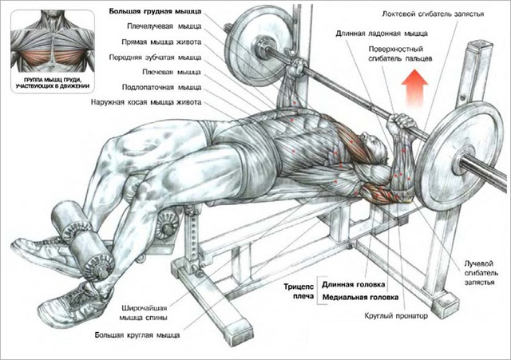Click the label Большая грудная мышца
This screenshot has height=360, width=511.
pyautogui.click(x=155, y=11)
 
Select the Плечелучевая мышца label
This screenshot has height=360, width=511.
pyautogui.click(x=164, y=26)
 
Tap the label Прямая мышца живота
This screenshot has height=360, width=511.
pyautogui.click(x=161, y=42)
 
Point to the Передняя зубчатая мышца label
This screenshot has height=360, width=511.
pyautogui.click(x=155, y=57)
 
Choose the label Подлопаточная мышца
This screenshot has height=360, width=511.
pyautogui.click(x=161, y=87)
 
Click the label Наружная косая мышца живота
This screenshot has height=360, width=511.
pyautogui.click(x=146, y=102)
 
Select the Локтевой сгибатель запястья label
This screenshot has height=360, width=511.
pyautogui.click(x=433, y=14)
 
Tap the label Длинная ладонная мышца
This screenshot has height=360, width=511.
pyautogui.click(x=382, y=34)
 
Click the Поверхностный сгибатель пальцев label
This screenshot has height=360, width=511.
pyautogui.click(x=400, y=53)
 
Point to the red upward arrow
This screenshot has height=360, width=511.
pyautogui.click(x=414, y=88)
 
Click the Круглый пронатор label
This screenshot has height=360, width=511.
pyautogui.click(x=396, y=315)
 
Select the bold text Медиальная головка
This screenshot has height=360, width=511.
pyautogui.click(x=360, y=297)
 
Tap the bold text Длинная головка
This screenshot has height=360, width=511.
pyautogui.click(x=353, y=284)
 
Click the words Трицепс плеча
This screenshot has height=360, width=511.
pyautogui.click(x=299, y=291)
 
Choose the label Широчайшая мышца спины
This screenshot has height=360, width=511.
pyautogui.click(x=144, y=312)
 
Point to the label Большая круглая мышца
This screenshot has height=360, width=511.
pyautogui.click(x=137, y=335)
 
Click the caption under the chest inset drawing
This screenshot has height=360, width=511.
pyautogui.click(x=53, y=83)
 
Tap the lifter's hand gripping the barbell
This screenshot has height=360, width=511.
pyautogui.click(x=404, y=122)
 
